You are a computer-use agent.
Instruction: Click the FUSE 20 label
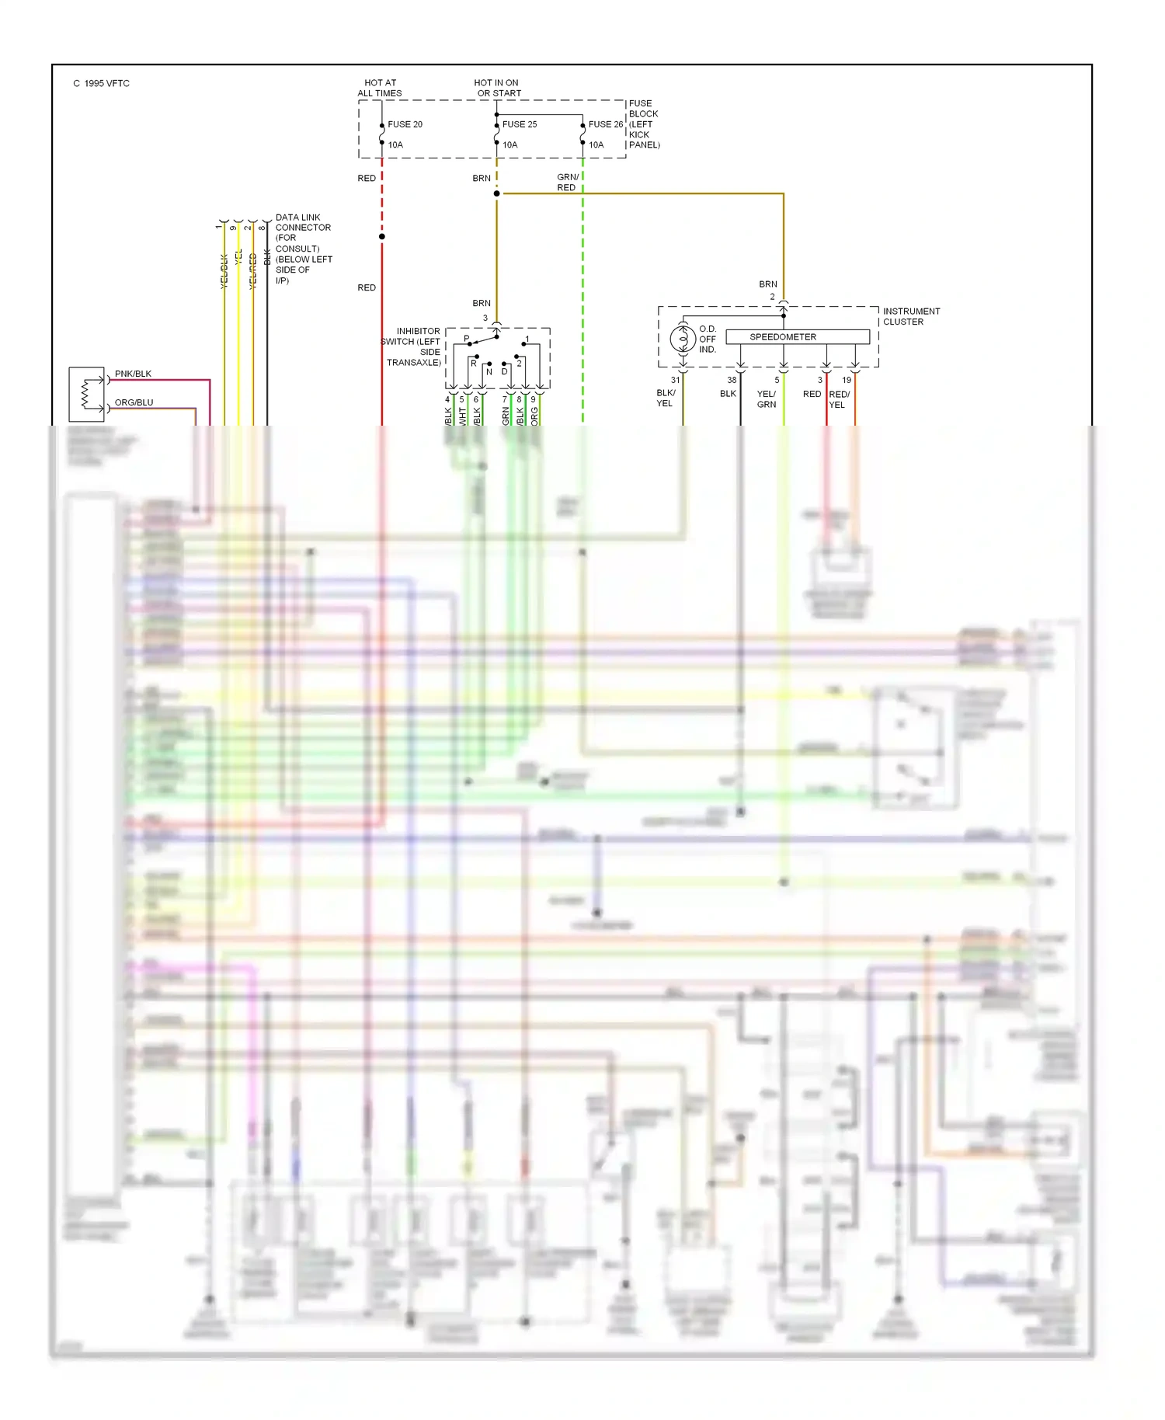(405, 124)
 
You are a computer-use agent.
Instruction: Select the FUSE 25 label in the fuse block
(519, 124)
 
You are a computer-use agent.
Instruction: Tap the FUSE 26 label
(605, 124)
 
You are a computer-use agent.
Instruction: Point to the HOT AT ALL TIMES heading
(380, 88)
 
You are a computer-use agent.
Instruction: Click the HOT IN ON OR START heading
(498, 88)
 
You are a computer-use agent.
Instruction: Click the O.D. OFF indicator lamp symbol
(683, 339)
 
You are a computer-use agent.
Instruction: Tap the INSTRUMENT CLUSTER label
(911, 316)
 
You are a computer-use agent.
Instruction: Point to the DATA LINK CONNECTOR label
(303, 222)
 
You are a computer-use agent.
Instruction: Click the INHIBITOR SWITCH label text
(412, 346)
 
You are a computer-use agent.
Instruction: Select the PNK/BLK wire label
(133, 374)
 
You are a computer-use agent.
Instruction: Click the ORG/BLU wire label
(134, 402)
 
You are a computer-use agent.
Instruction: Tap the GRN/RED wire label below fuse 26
(567, 183)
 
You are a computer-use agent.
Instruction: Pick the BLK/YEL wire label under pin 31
(666, 398)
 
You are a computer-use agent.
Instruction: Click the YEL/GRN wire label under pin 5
(766, 399)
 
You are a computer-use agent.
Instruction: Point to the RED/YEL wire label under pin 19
(839, 399)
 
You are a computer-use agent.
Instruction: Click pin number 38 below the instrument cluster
(732, 380)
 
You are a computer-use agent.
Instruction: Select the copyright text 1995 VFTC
(102, 83)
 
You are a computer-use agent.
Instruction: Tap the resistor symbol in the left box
(86, 394)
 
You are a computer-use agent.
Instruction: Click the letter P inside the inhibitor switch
(467, 339)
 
